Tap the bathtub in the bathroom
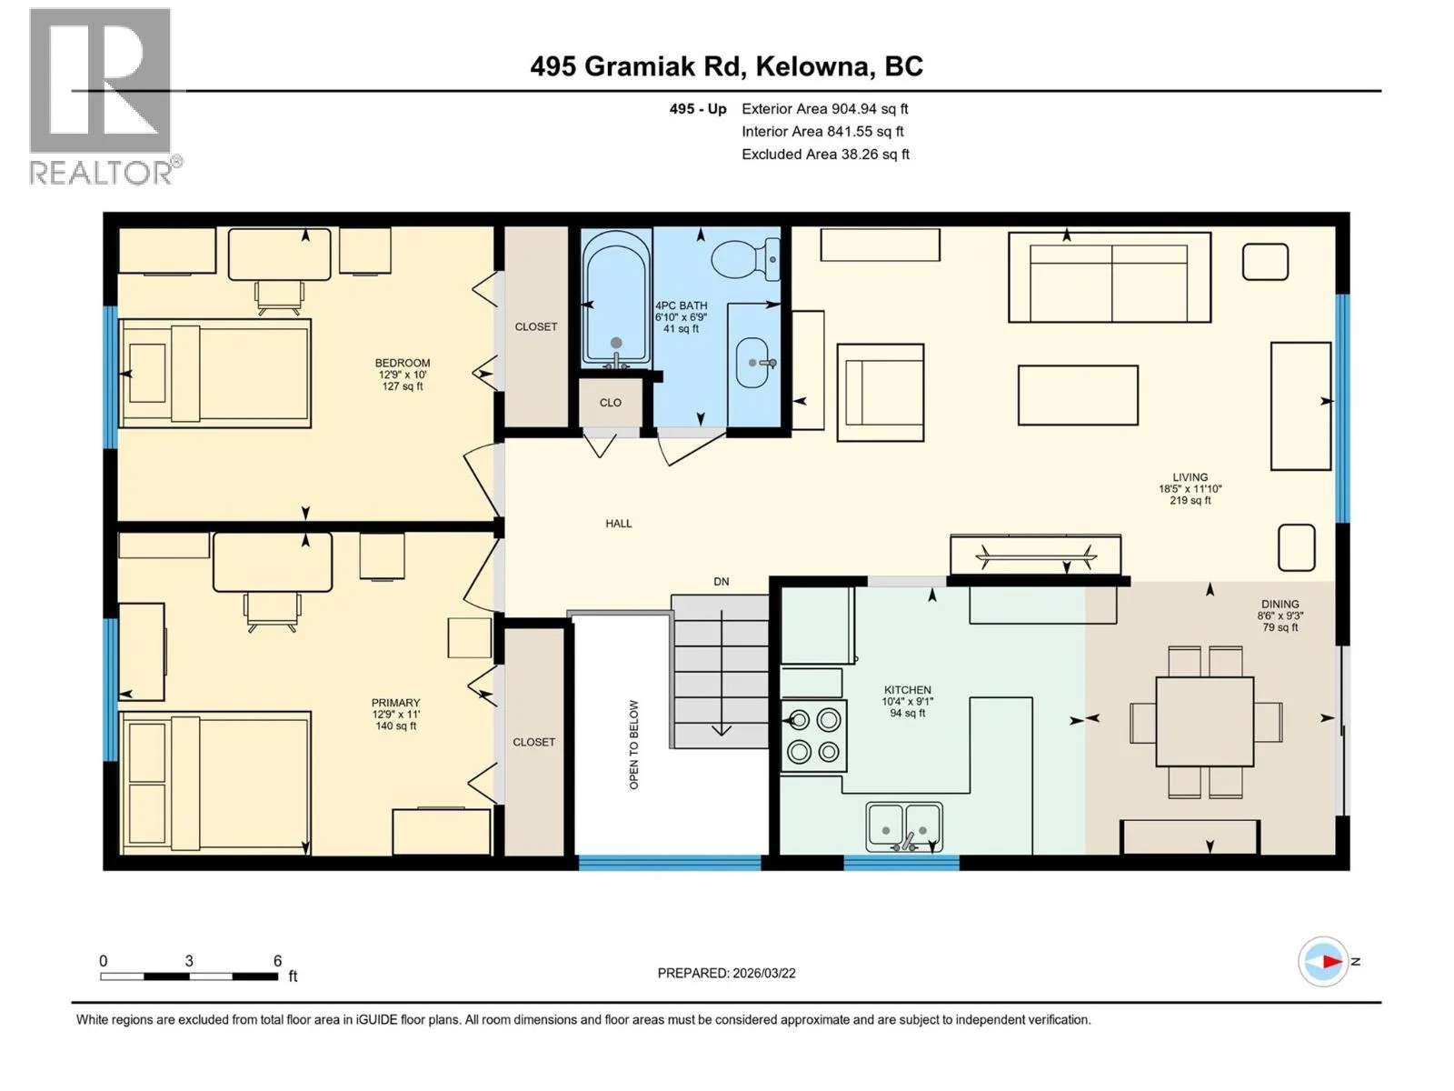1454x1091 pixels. [x=615, y=298]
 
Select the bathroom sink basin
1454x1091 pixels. [x=754, y=363]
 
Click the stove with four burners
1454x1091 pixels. [x=813, y=736]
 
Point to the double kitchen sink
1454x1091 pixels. [x=904, y=826]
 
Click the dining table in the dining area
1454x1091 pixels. [x=1204, y=721]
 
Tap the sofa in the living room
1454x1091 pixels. [x=1110, y=277]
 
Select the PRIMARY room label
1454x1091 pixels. [x=395, y=703]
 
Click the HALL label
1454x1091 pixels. [x=619, y=524]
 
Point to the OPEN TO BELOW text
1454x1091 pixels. [x=634, y=745]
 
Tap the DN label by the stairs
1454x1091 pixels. [x=722, y=582]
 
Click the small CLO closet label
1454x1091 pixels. [x=611, y=403]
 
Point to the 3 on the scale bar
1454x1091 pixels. [x=189, y=961]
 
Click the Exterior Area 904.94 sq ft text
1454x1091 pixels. [x=825, y=108]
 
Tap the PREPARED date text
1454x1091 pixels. [x=727, y=973]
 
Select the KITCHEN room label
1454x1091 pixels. [x=908, y=689]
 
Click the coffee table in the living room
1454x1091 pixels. [x=1078, y=395]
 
